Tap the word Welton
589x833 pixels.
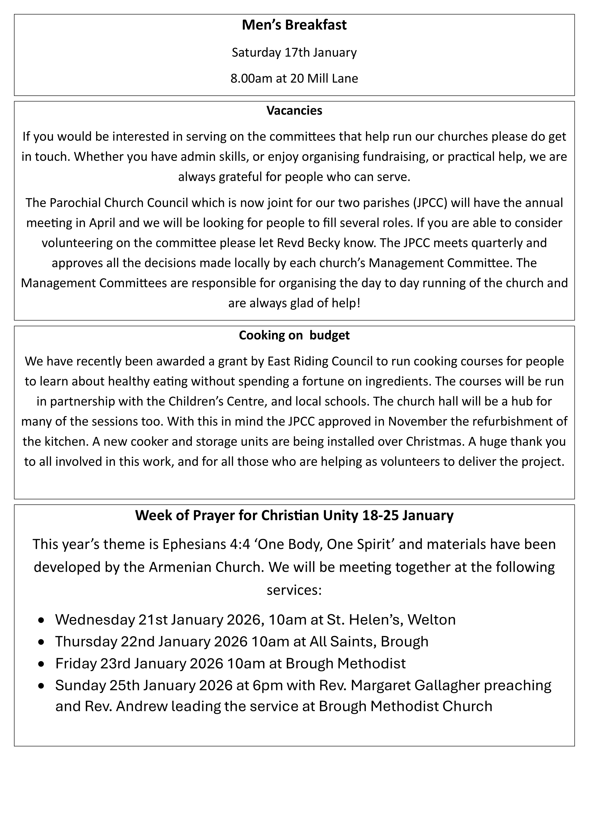click(x=432, y=620)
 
